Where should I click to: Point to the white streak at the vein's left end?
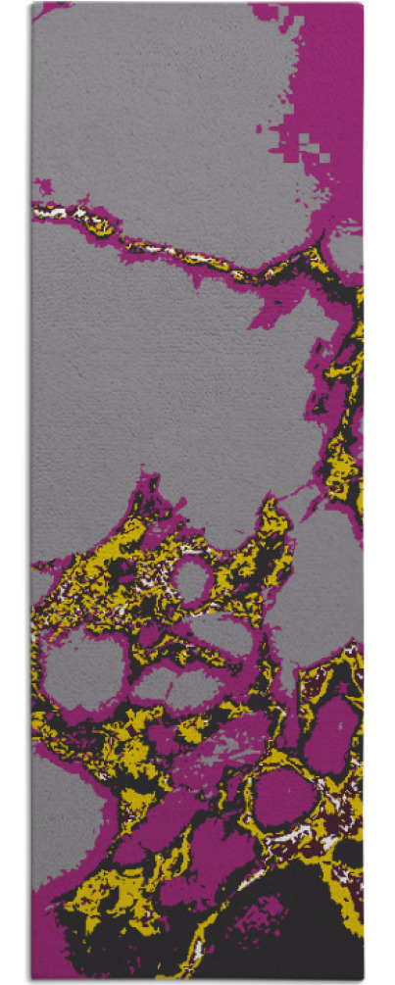pos(54,210)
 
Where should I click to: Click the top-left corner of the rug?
pos(31,3)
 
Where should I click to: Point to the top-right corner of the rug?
pos(362,3)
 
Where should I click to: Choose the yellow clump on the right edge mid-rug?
pos(343,461)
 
